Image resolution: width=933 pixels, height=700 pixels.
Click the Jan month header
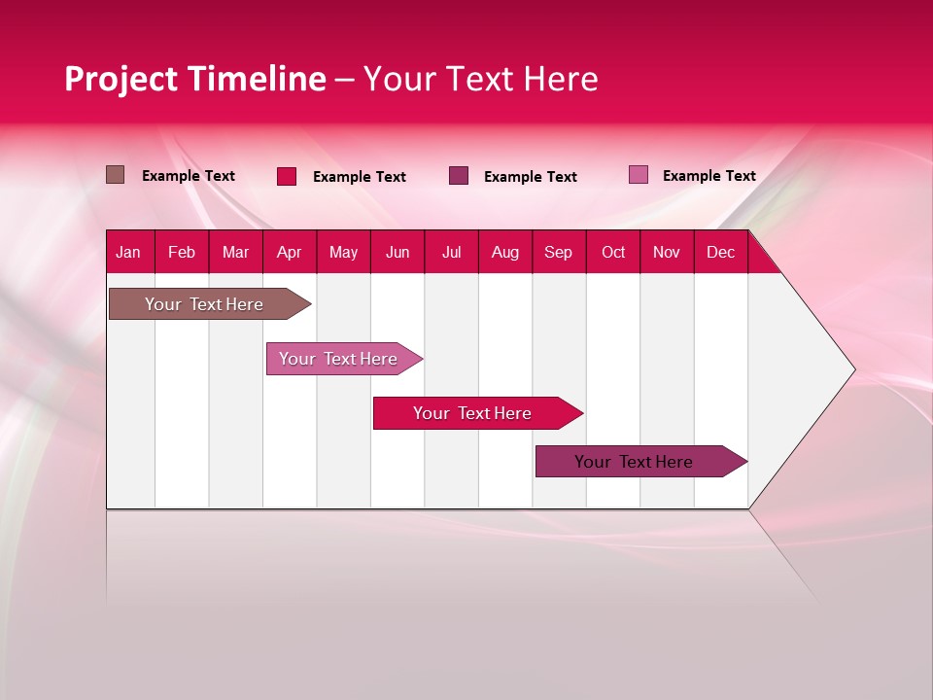(x=128, y=252)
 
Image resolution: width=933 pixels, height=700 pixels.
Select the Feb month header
(x=182, y=252)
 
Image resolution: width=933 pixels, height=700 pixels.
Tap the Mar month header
(x=235, y=252)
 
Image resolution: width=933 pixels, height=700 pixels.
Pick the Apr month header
(x=290, y=252)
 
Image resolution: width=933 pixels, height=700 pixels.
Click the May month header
(x=343, y=252)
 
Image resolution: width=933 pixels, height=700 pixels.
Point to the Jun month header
(x=397, y=252)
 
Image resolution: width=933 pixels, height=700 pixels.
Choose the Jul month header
(x=451, y=252)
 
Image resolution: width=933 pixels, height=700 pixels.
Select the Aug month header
(x=505, y=252)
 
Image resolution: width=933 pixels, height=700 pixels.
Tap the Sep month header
(x=559, y=252)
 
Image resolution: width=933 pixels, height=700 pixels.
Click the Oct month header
(x=613, y=252)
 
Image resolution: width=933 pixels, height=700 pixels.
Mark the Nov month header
(x=667, y=252)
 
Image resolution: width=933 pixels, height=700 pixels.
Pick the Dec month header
(x=721, y=252)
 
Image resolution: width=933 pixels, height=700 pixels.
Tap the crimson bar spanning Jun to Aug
(x=473, y=413)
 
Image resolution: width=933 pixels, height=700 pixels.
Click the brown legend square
(x=116, y=175)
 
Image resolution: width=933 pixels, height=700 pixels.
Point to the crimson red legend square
(x=287, y=176)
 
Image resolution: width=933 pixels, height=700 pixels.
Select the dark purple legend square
(x=459, y=176)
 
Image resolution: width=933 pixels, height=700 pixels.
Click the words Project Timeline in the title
(x=195, y=79)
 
